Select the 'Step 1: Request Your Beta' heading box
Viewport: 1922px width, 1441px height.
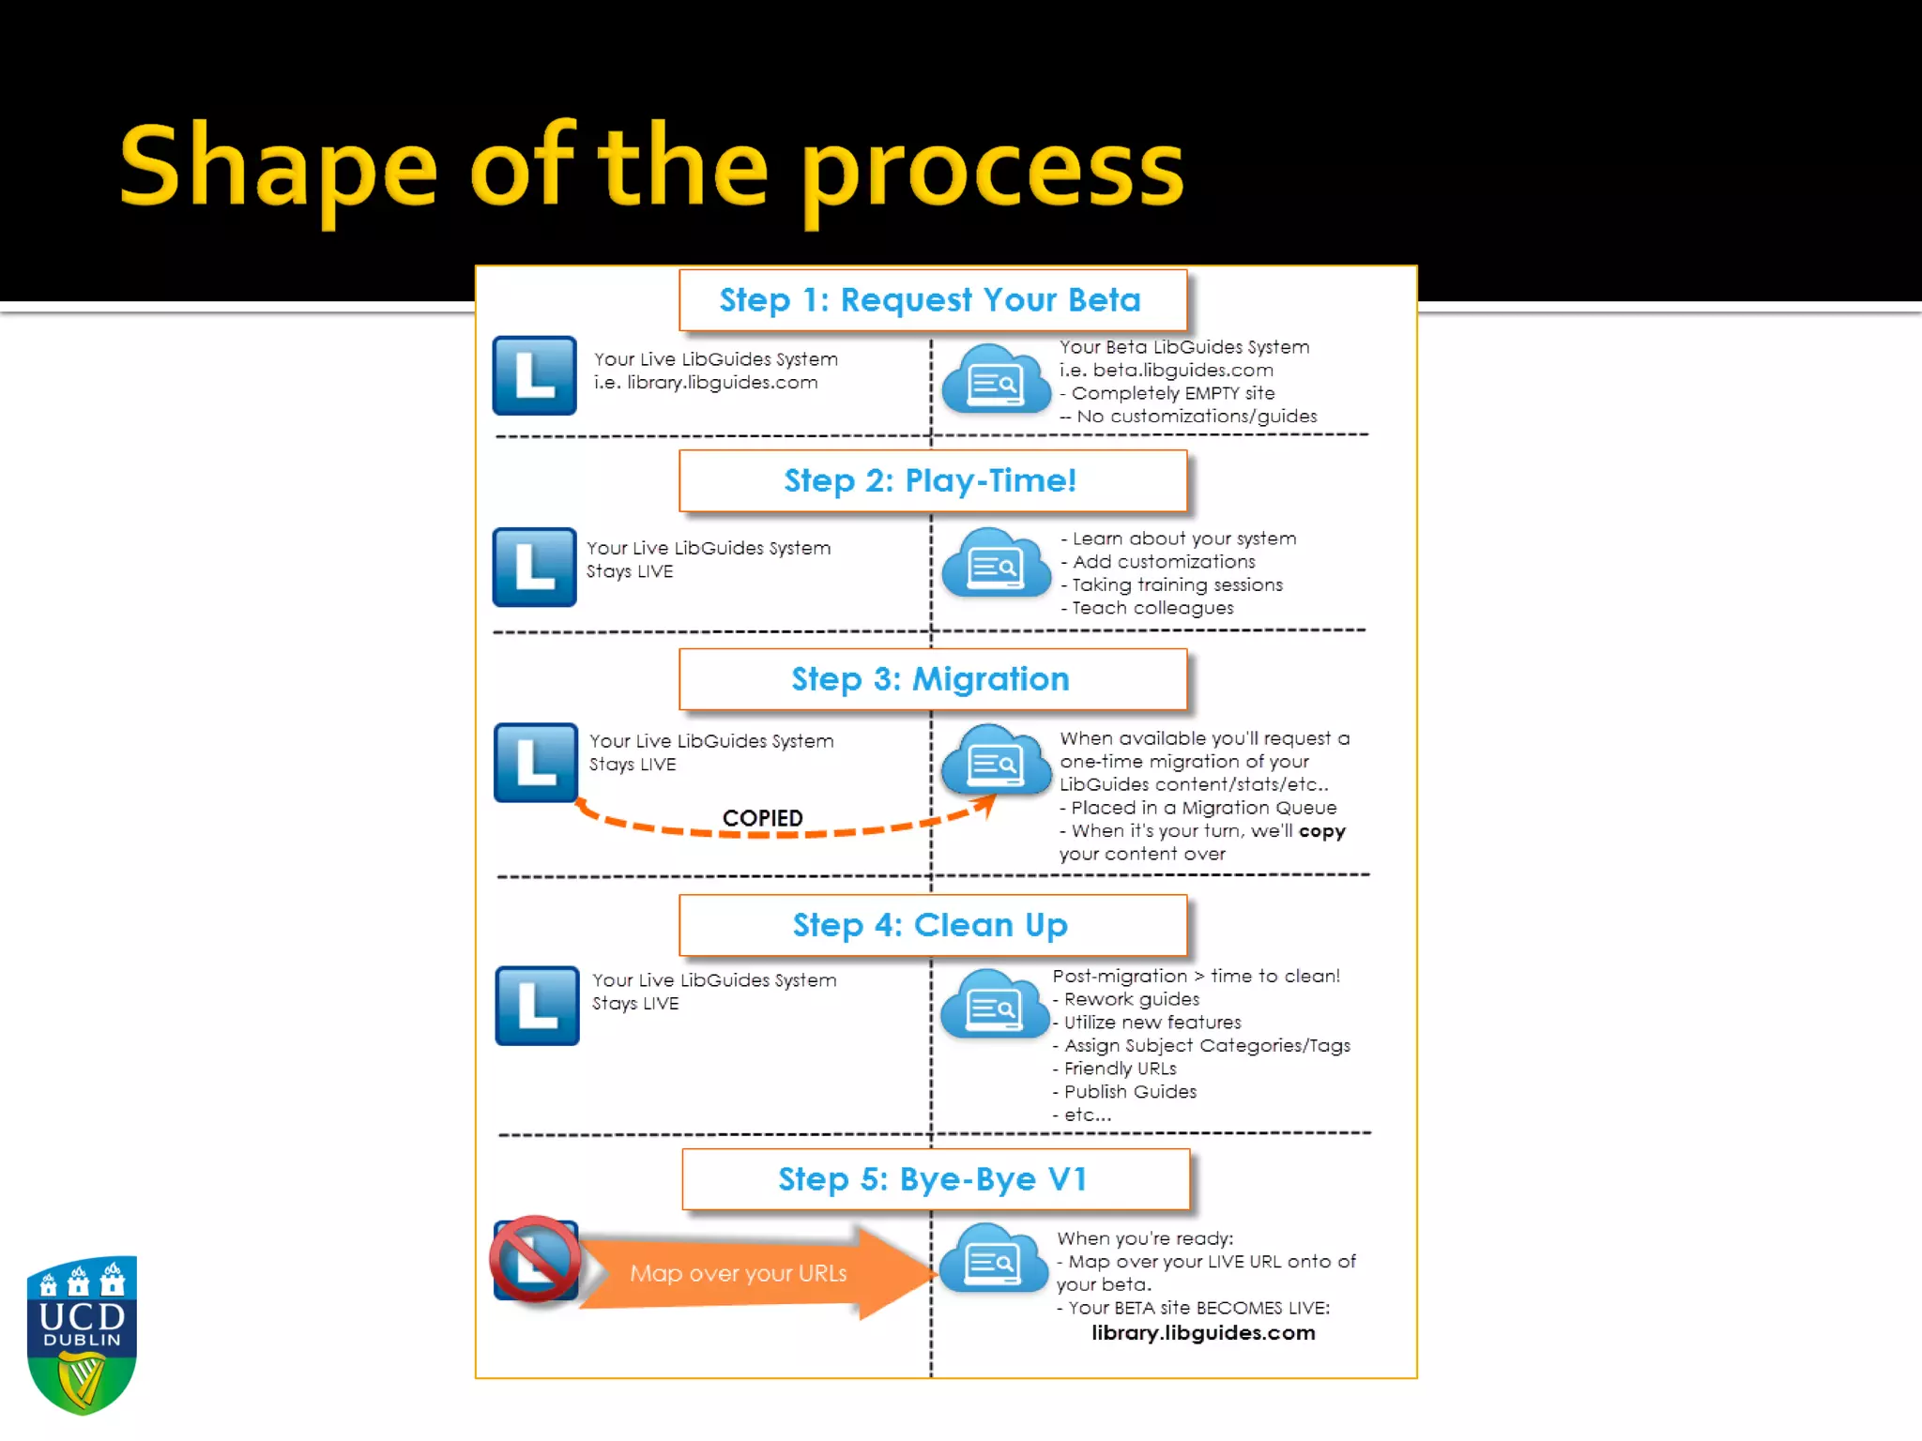[932, 300]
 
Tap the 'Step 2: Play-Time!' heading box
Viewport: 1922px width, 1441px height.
[932, 480]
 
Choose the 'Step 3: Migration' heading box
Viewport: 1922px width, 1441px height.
[932, 679]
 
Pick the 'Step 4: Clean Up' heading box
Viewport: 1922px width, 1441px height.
[932, 925]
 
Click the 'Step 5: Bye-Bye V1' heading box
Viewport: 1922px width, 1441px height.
[935, 1179]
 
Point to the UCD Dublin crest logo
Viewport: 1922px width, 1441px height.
[83, 1334]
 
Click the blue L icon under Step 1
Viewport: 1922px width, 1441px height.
[534, 375]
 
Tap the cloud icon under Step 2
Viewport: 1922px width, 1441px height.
[995, 563]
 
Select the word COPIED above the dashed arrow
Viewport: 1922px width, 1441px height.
[762, 818]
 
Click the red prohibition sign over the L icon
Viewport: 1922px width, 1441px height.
[535, 1259]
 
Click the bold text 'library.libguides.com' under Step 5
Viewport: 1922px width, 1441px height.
[1203, 1333]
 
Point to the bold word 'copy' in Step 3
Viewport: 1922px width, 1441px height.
[1321, 831]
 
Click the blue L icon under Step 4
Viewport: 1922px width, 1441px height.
[537, 1006]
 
